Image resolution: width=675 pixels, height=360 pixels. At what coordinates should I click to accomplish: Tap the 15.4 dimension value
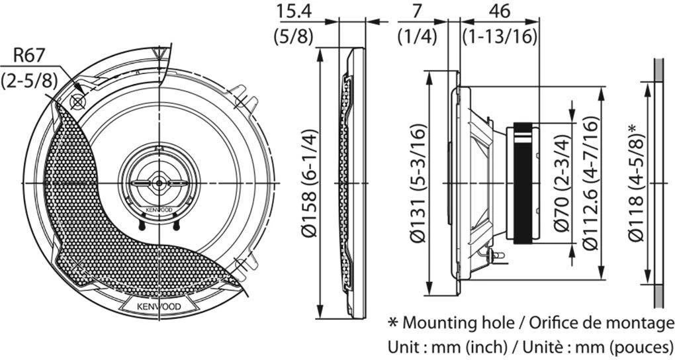point(295,11)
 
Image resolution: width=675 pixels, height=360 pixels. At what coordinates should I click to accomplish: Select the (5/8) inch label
point(294,36)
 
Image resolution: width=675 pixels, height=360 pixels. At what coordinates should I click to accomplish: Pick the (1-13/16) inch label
point(500,36)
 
